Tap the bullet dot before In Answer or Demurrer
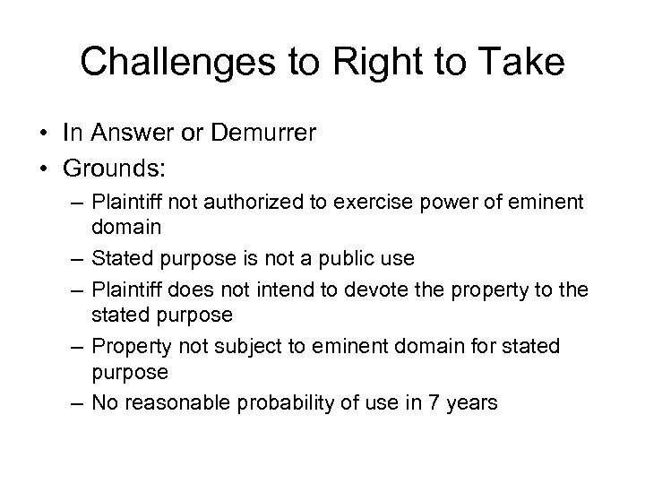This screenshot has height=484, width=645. point(43,134)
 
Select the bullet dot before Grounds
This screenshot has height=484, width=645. point(43,167)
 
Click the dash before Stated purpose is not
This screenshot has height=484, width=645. point(80,260)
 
